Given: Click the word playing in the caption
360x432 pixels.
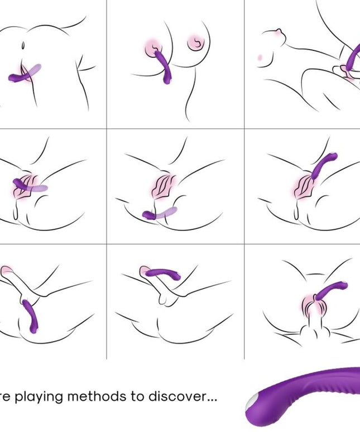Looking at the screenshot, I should (x=41, y=397).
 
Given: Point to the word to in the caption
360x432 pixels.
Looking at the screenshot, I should (x=138, y=397).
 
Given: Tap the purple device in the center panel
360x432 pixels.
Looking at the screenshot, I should (x=159, y=213).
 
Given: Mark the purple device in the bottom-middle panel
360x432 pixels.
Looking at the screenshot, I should (x=161, y=273).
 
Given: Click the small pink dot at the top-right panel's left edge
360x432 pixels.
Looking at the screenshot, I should (x=261, y=57).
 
